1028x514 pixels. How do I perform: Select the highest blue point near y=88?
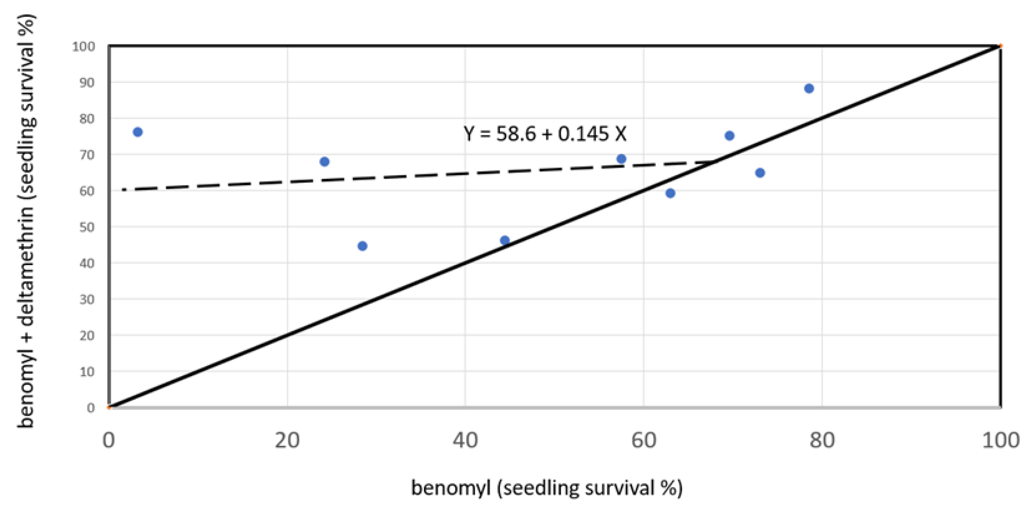[809, 88]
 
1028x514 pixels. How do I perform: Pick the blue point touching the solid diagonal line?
[505, 240]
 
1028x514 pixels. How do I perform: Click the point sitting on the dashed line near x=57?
[621, 159]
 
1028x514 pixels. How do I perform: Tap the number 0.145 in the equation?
[583, 133]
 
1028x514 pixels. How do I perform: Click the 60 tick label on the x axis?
[643, 441]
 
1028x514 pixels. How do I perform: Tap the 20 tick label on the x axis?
[287, 441]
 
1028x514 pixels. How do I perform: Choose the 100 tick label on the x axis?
[1000, 441]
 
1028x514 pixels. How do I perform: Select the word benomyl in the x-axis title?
[450, 488]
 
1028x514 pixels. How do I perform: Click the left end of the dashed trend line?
[124, 189]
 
